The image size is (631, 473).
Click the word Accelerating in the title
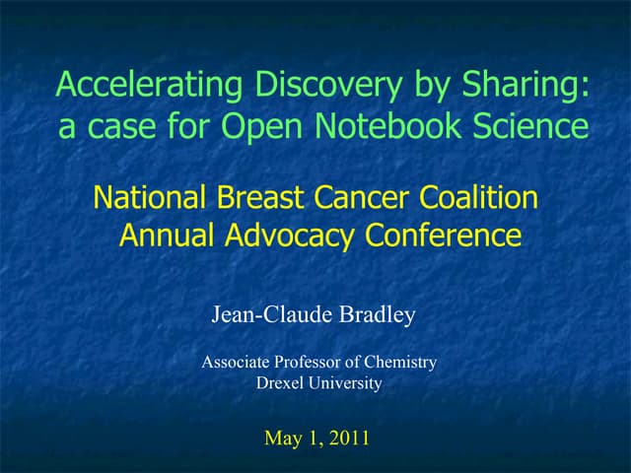pos(134,87)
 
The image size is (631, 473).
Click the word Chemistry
pos(398,363)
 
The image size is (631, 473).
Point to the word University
pos(345,383)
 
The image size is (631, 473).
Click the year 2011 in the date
pos(349,438)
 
